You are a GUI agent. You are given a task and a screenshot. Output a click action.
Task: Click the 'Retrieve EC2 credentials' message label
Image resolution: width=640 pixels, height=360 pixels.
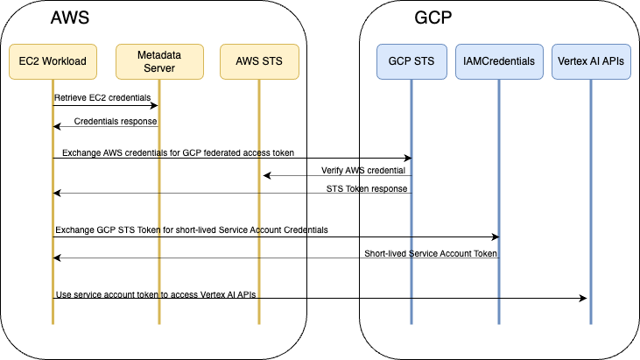[x=102, y=96]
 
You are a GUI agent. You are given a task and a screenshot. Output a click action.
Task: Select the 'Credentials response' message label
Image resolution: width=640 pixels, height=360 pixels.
[x=116, y=121]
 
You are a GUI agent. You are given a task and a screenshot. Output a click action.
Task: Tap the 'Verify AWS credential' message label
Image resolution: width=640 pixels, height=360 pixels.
[x=357, y=170]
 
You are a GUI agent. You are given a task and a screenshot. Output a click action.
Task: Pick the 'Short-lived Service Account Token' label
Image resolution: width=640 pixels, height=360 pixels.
[x=430, y=253]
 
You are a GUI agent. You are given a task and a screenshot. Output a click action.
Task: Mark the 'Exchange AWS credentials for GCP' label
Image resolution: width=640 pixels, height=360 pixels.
[x=174, y=152]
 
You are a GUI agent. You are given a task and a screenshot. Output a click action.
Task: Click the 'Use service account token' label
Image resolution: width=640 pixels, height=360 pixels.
[x=157, y=293]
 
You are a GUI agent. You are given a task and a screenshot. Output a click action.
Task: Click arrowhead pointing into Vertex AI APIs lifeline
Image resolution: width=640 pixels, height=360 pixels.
[x=583, y=299]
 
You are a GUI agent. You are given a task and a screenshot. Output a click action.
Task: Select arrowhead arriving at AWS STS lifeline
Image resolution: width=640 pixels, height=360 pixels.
[x=267, y=176]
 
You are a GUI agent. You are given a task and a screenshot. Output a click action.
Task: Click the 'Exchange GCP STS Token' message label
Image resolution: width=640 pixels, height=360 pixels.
[x=191, y=230]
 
